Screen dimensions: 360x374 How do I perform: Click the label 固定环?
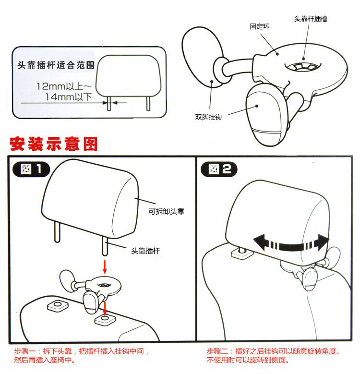point(259,26)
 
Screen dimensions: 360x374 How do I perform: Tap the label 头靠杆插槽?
point(311,19)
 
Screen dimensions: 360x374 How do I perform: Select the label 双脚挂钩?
point(208,117)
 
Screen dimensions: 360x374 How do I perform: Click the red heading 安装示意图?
point(54,144)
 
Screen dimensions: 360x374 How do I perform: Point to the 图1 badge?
point(31,169)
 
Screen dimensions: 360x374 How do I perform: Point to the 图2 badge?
point(219,169)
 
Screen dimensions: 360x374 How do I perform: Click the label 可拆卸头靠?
point(167,211)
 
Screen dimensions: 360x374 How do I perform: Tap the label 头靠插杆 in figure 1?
point(145,251)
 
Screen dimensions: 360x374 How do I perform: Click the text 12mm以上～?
point(64,86)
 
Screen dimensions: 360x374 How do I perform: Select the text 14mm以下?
point(69,97)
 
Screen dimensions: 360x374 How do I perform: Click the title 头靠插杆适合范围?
point(56,65)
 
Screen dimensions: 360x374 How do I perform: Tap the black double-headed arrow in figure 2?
point(291,243)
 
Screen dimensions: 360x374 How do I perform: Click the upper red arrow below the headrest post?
point(105,266)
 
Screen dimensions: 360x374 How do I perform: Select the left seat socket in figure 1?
point(58,305)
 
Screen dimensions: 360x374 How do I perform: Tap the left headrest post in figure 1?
point(57,232)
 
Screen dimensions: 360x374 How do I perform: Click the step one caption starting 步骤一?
point(82,355)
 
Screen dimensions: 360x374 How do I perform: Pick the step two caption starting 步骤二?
point(273,355)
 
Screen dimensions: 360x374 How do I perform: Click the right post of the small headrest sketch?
point(148,103)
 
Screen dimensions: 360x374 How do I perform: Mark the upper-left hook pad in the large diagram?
point(203,57)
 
